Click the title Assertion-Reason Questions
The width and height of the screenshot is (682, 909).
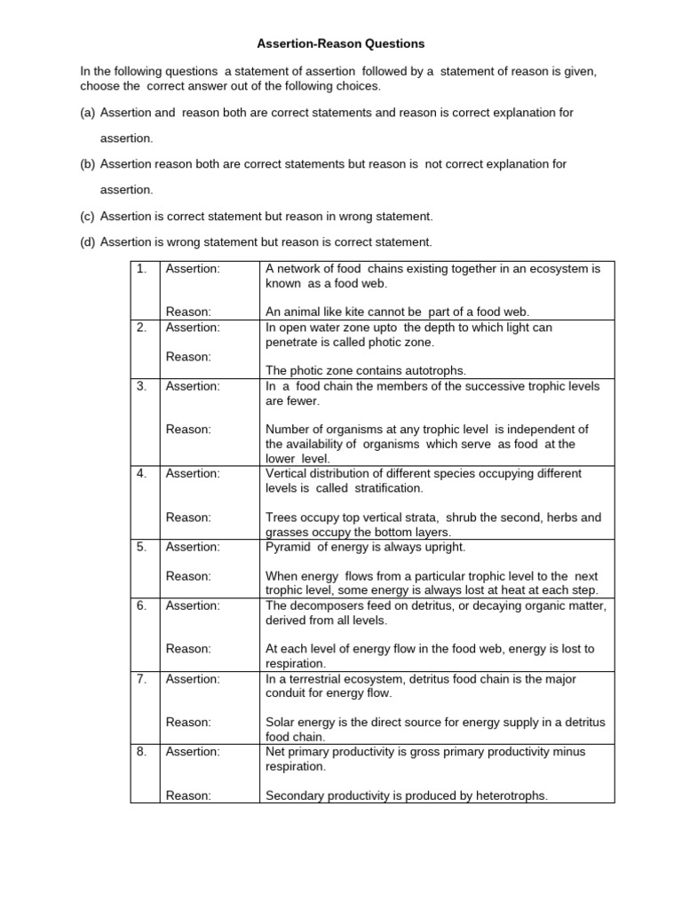pyautogui.click(x=341, y=43)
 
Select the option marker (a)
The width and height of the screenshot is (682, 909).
pyautogui.click(x=88, y=113)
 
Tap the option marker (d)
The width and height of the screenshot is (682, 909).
pyautogui.click(x=88, y=241)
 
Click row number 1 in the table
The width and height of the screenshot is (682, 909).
pyautogui.click(x=141, y=268)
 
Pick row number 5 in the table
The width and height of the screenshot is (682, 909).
pyautogui.click(x=141, y=547)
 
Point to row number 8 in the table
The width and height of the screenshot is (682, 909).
pyautogui.click(x=141, y=752)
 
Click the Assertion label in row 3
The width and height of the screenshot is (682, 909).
pyautogui.click(x=193, y=386)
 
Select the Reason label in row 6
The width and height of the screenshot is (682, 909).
pyautogui.click(x=188, y=649)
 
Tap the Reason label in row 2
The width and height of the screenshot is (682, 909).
pyautogui.click(x=188, y=356)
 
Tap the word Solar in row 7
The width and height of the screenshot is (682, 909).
pyautogui.click(x=280, y=722)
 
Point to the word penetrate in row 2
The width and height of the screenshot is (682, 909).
pyautogui.click(x=294, y=342)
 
